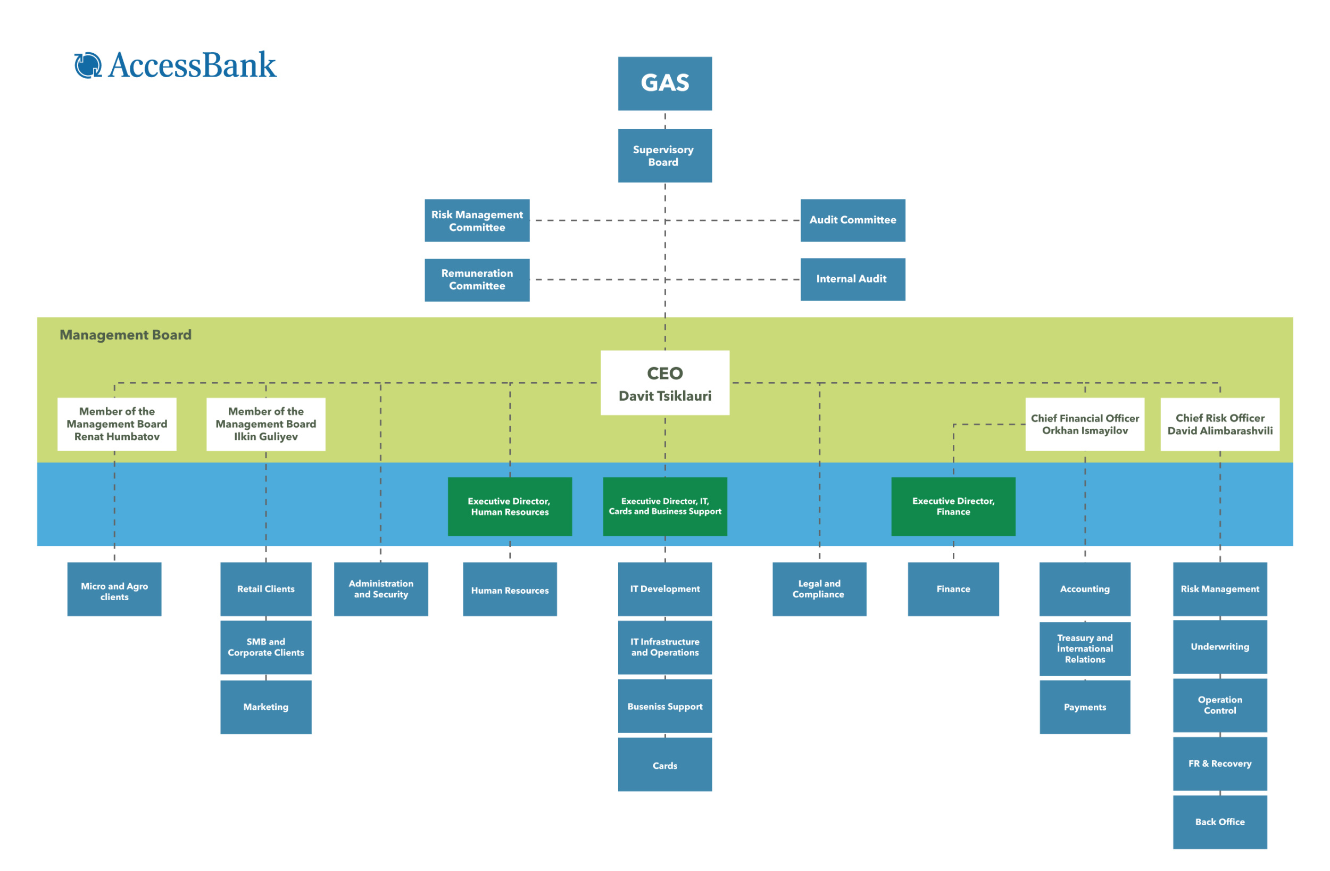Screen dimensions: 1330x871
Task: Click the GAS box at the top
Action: coord(664,84)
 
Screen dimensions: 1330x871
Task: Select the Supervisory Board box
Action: coord(664,155)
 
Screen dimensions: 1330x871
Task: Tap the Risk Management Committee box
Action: coord(477,220)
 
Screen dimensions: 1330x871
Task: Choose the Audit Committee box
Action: coord(852,220)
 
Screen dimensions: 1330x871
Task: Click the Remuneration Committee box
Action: coord(477,279)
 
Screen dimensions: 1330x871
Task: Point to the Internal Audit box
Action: coord(852,279)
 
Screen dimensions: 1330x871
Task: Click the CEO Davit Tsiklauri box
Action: coord(664,383)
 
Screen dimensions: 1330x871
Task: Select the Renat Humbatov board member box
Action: coord(117,424)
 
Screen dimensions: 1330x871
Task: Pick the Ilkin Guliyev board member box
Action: coord(265,424)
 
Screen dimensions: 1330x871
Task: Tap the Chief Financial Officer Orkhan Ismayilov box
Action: coord(1085,424)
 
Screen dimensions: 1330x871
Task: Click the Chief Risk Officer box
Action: coord(1219,424)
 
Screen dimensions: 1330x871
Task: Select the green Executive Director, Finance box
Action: coord(953,506)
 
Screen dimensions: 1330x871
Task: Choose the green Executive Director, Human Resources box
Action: coord(510,506)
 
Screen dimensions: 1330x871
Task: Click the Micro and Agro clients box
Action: coord(114,588)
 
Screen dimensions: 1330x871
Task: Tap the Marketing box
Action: coord(265,707)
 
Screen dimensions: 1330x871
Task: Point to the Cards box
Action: coord(664,764)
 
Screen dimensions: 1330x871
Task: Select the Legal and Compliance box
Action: coord(819,588)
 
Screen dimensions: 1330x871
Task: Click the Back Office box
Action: coord(1219,822)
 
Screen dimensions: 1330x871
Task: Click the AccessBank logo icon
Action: coord(88,65)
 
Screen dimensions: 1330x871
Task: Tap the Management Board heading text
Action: coord(126,334)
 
